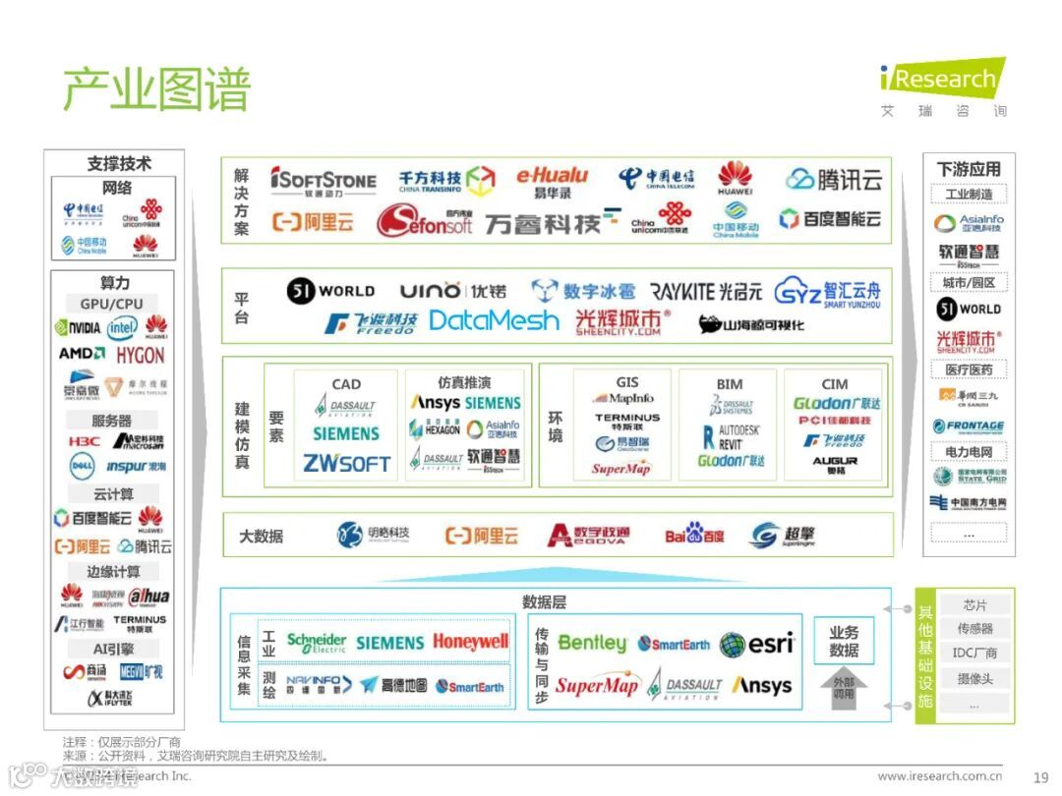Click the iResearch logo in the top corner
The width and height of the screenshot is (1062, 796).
(942, 79)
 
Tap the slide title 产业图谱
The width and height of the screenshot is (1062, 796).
(156, 89)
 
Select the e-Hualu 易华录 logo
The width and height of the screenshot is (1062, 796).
(552, 182)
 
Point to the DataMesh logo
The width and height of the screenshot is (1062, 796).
(494, 320)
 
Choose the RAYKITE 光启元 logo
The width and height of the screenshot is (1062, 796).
(705, 292)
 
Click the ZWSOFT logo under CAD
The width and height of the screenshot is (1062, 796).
(346, 463)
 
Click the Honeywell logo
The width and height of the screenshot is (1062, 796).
(470, 643)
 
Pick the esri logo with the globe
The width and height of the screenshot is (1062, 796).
(756, 644)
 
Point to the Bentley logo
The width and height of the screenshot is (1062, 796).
(592, 643)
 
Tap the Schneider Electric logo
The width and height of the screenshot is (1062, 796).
(316, 643)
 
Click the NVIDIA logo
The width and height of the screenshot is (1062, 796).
(78, 327)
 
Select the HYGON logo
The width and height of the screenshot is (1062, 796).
(141, 355)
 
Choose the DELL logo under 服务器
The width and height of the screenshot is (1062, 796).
(81, 466)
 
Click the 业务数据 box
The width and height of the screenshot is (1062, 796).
(844, 643)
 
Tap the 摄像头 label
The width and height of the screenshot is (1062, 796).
(974, 679)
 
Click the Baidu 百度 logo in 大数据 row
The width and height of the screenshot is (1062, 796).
(694, 536)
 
